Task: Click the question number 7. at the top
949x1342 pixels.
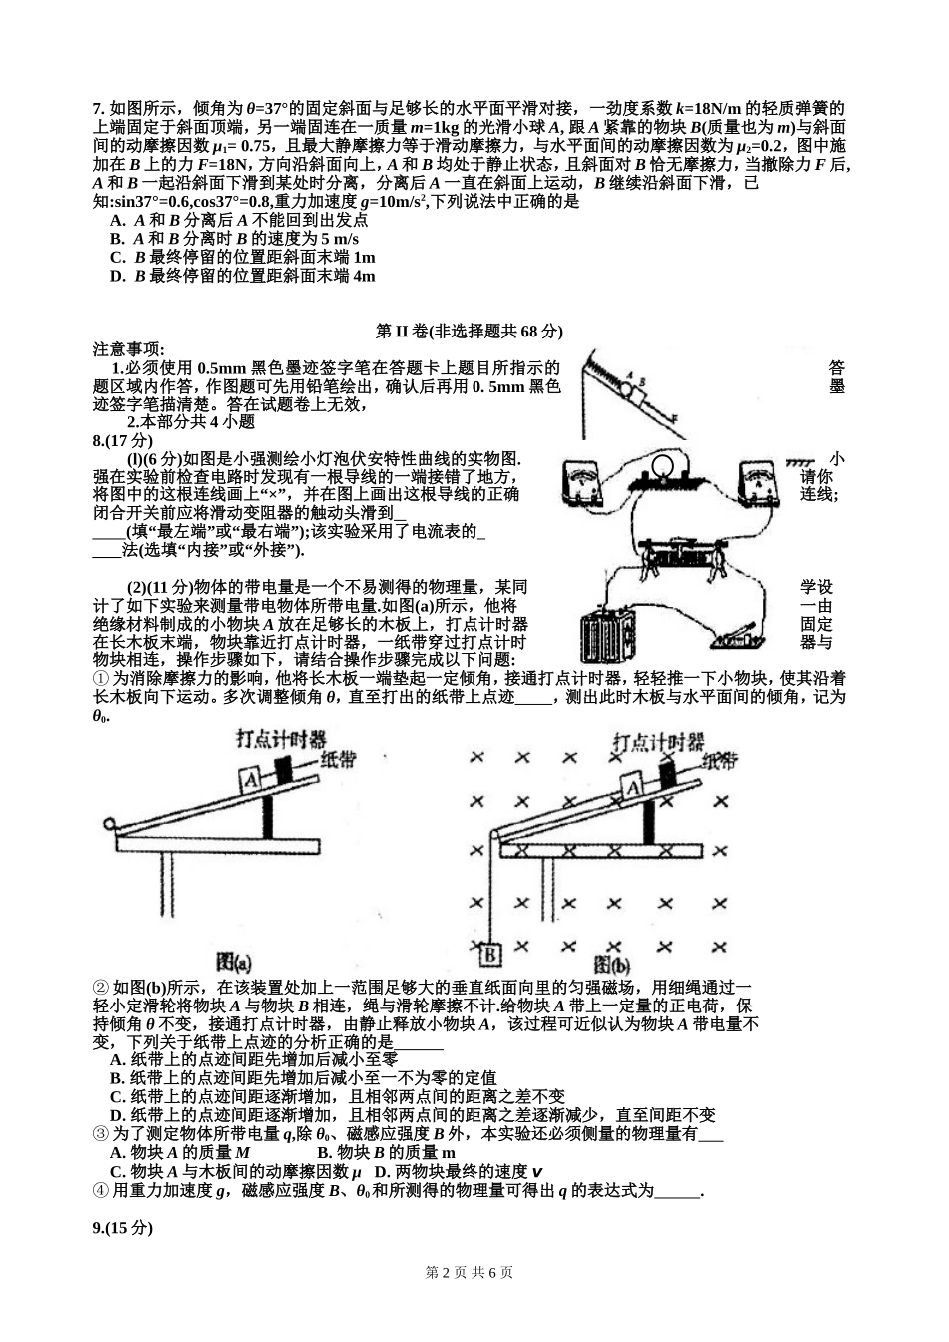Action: [x=99, y=109]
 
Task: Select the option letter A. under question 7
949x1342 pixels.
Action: [x=117, y=220]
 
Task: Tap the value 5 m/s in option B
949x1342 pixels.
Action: [x=339, y=239]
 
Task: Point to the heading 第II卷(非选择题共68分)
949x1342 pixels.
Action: [x=470, y=331]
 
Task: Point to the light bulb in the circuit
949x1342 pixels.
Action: [x=662, y=466]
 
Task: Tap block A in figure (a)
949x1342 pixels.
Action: [x=252, y=777]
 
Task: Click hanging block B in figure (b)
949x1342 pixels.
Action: [x=490, y=955]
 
